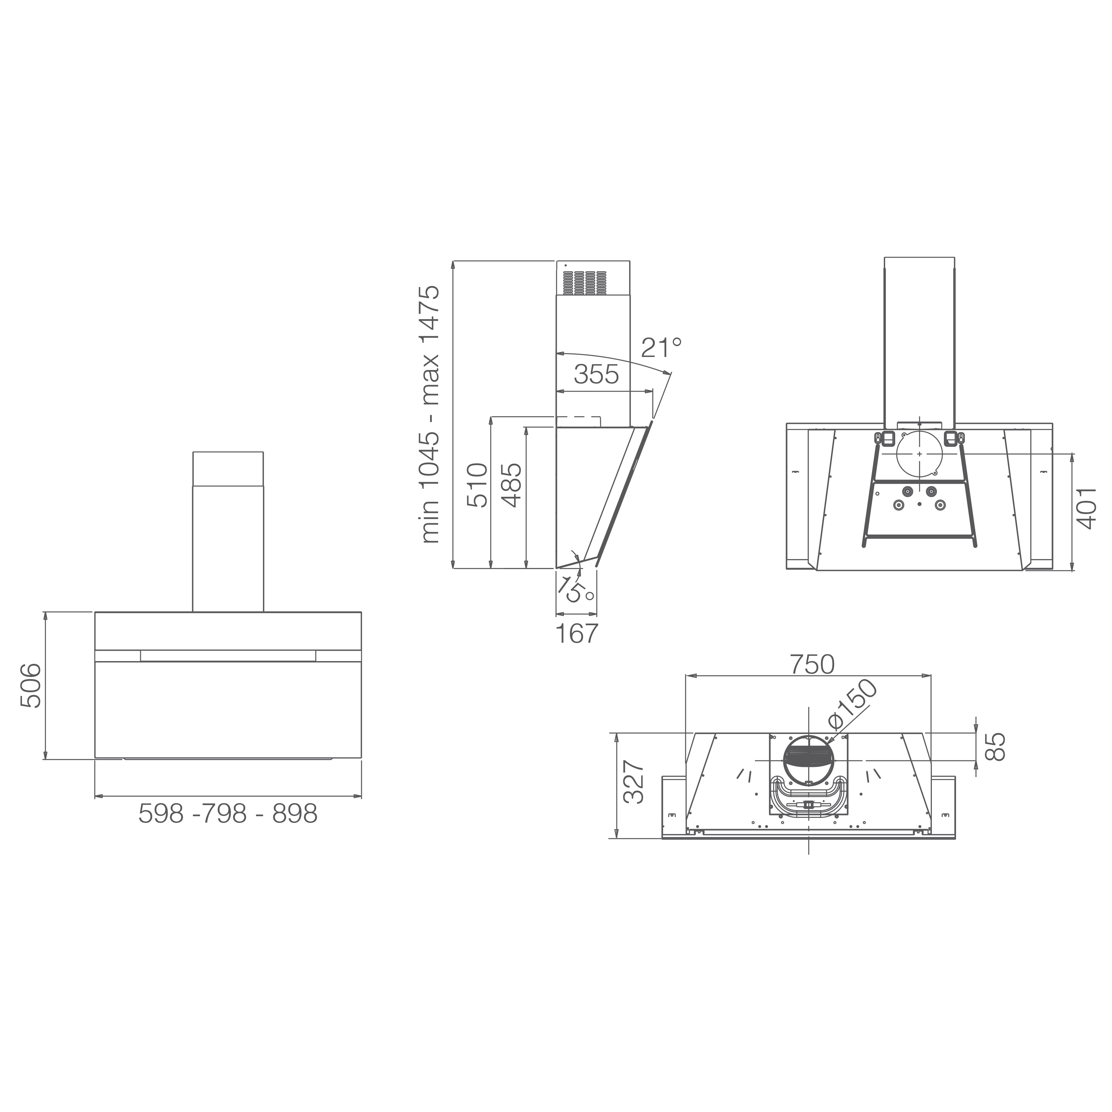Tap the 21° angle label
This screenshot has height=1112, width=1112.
[661, 348]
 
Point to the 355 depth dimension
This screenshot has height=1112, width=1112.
[596, 375]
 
